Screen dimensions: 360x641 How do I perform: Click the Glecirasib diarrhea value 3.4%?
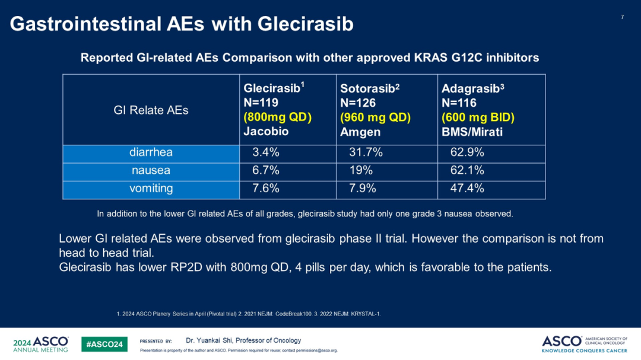[x=266, y=152]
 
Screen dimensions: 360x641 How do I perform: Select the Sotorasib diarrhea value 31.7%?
[x=366, y=152]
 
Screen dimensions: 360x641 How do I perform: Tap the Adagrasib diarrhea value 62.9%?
[x=467, y=152]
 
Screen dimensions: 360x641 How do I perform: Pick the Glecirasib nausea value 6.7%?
[x=266, y=171]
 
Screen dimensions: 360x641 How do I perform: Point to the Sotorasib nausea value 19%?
[x=361, y=171]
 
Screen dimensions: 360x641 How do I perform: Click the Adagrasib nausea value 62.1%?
[x=467, y=171]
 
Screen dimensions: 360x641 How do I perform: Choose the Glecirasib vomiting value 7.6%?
[x=266, y=189]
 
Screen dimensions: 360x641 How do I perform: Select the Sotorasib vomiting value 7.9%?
[x=363, y=189]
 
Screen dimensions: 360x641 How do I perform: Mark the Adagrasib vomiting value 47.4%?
[x=467, y=189]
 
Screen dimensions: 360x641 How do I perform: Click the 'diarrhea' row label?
[x=151, y=152]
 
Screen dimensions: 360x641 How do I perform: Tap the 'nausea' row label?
[x=151, y=171]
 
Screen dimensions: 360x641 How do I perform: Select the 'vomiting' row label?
[x=151, y=189]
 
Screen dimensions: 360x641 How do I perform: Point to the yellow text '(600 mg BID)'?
[x=478, y=117]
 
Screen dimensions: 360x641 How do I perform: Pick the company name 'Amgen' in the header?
[x=360, y=132]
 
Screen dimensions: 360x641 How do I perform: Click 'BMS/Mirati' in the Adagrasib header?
[x=472, y=132]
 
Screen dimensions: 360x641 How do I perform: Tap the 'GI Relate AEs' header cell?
[x=151, y=110]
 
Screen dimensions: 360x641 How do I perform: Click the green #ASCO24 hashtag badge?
[x=104, y=344]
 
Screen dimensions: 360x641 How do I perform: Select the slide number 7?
[x=622, y=17]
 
